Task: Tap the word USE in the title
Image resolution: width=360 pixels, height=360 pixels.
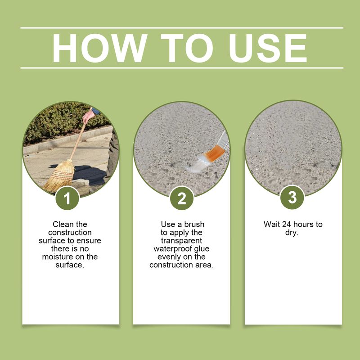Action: click(267, 48)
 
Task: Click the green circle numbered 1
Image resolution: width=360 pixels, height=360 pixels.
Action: click(67, 198)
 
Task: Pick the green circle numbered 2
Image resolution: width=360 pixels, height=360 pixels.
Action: click(182, 198)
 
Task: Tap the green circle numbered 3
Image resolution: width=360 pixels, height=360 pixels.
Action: click(292, 198)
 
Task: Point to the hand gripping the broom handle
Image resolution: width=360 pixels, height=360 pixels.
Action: click(88, 116)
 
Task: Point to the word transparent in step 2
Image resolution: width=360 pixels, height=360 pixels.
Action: click(182, 241)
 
